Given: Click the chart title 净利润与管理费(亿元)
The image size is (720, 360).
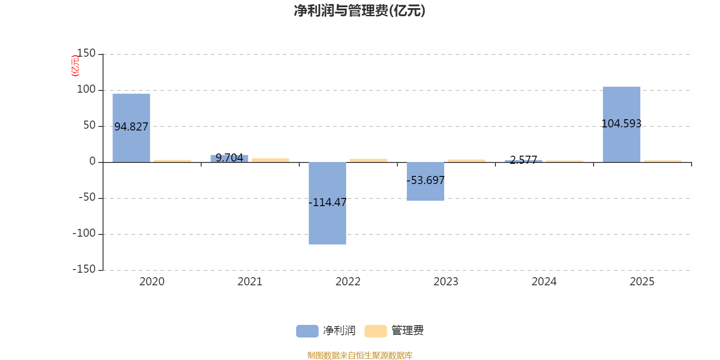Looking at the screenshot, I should click(359, 11).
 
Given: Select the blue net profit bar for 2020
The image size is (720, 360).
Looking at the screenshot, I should click(131, 108).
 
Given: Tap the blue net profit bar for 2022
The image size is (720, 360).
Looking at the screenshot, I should click(328, 225).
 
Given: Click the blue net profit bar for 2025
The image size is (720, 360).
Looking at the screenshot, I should click(621, 103).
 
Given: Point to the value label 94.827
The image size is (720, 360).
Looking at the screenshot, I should click(131, 127).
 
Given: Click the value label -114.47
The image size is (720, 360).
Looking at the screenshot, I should click(328, 202).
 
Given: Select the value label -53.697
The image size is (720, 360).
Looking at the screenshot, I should click(425, 180).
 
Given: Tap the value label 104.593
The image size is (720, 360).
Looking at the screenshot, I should click(621, 123).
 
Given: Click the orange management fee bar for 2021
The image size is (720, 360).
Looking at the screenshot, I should click(270, 160).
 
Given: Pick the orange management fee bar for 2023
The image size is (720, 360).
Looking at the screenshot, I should click(467, 161).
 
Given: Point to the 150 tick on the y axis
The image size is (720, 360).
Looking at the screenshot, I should click(86, 54).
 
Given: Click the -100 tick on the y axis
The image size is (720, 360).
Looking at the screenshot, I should click(84, 234).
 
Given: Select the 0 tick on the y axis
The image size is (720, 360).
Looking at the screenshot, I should click(93, 162).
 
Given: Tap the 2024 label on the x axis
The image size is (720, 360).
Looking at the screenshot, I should click(544, 282).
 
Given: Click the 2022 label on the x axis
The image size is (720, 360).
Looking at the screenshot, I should click(348, 282).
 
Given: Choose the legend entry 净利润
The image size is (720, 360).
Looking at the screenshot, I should click(326, 331).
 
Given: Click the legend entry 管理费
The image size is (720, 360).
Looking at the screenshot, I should click(395, 331).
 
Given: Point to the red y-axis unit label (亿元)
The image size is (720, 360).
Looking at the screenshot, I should click(75, 66).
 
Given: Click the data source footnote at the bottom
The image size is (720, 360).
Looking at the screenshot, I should click(360, 355).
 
